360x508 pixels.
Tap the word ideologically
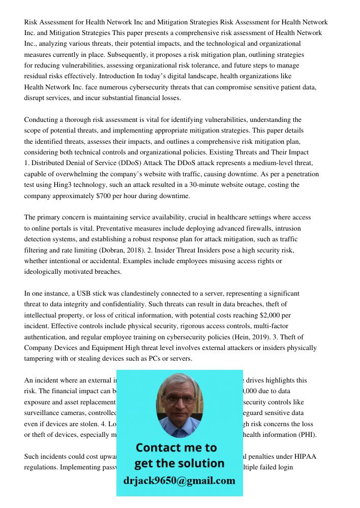coord(46,271)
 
